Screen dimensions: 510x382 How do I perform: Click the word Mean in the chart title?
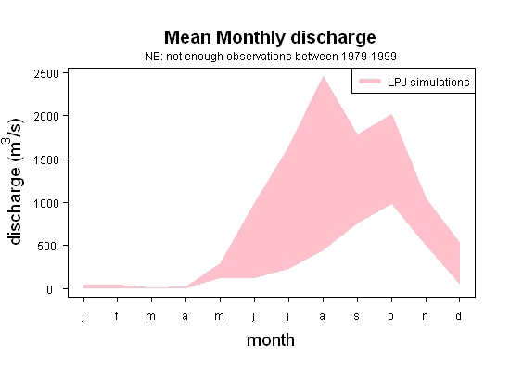[187, 37]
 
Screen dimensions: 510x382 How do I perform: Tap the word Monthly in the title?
[250, 39]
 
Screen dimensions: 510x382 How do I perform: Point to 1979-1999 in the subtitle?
[368, 57]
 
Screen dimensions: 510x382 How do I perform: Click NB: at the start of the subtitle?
[154, 57]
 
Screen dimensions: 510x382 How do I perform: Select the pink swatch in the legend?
[370, 82]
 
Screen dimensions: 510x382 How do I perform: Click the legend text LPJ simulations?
[428, 83]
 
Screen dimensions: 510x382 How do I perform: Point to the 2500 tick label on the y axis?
[46, 74]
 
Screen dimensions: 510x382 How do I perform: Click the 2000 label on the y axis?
[46, 117]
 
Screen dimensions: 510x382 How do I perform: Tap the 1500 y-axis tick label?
[46, 160]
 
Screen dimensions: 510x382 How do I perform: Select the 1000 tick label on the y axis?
[46, 203]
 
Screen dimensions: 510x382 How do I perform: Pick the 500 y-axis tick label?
[48, 246]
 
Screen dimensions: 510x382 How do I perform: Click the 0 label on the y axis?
[49, 289]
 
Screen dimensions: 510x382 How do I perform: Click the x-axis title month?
[271, 340]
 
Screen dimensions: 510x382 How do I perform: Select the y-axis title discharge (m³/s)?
[14, 182]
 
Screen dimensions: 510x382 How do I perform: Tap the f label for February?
[117, 315]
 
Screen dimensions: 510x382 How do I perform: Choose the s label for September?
[357, 316]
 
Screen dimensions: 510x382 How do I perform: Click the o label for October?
[391, 316]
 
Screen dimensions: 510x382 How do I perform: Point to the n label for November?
[425, 316]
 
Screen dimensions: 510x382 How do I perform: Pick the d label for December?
[458, 315]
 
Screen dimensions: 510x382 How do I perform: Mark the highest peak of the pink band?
[323, 76]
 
